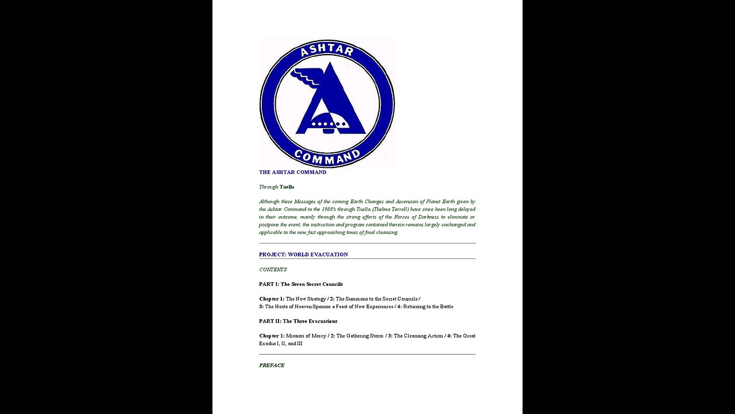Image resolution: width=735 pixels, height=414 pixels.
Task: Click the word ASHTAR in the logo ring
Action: click(x=327, y=52)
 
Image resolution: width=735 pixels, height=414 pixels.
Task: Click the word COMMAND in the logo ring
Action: click(x=327, y=156)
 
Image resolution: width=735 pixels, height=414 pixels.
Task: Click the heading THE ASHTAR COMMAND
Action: click(x=292, y=172)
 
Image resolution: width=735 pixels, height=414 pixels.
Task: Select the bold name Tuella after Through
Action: click(x=287, y=187)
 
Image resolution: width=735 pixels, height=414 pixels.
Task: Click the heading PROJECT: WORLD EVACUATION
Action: click(x=303, y=254)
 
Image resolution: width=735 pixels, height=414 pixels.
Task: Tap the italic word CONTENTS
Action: click(x=273, y=269)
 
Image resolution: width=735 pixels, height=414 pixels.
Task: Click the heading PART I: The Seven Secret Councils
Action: click(x=300, y=284)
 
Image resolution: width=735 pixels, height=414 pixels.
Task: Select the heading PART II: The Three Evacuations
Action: click(x=298, y=321)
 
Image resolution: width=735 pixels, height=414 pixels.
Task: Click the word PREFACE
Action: click(x=272, y=365)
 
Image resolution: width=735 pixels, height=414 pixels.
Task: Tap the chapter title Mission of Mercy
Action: click(x=306, y=336)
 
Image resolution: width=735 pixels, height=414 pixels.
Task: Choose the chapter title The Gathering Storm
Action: click(x=360, y=336)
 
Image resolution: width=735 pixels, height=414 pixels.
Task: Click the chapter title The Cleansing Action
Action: click(x=418, y=336)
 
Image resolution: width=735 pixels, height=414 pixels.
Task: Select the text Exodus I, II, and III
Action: click(x=280, y=343)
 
